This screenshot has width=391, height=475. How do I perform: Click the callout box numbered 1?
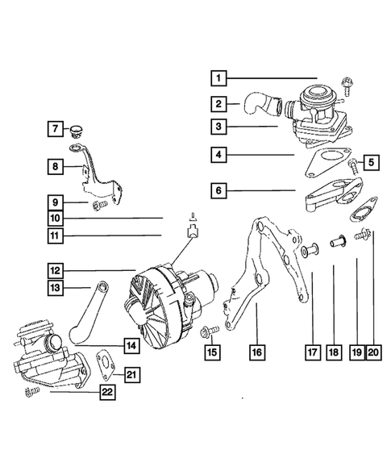[218, 78]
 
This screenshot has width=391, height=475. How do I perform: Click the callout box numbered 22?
[106, 393]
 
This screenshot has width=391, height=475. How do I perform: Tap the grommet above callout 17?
[307, 252]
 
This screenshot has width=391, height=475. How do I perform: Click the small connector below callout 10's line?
[193, 233]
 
